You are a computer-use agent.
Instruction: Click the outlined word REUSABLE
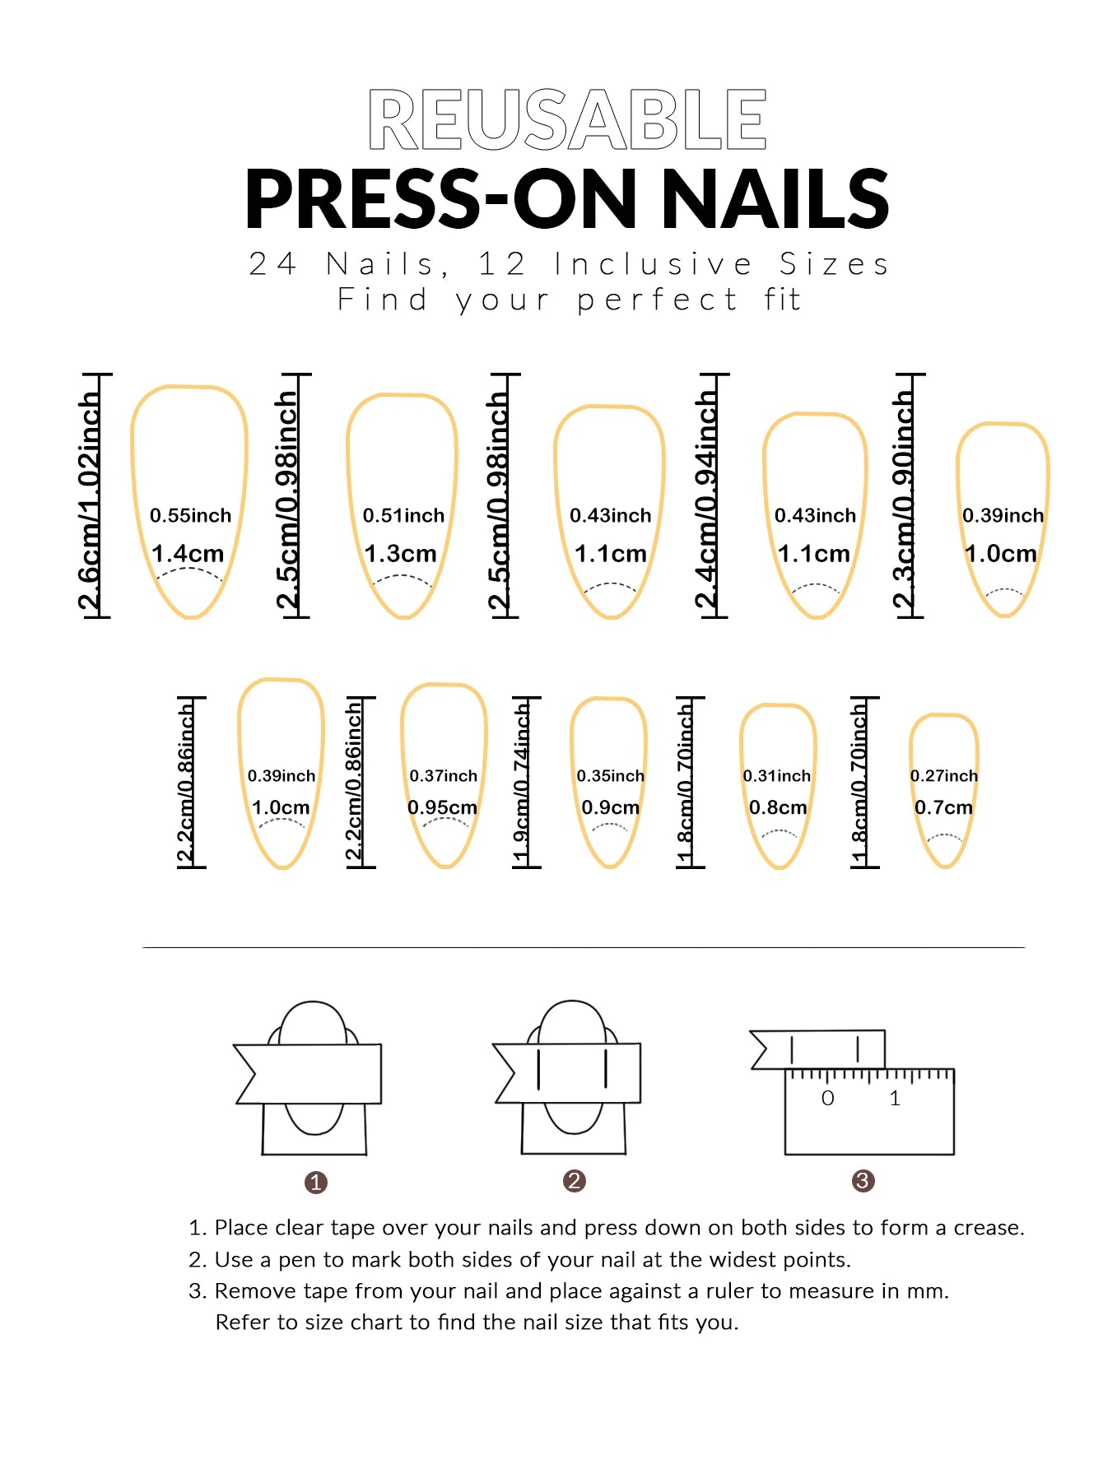click(567, 120)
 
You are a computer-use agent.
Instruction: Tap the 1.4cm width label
click(188, 554)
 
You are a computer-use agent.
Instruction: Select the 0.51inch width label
click(403, 516)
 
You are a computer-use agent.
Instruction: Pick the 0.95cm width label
click(442, 808)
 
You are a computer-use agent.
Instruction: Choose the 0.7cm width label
click(943, 808)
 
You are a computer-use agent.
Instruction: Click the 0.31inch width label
click(776, 776)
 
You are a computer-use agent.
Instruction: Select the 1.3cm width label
click(400, 554)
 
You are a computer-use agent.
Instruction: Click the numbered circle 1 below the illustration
click(316, 1183)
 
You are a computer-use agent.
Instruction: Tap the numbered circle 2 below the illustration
click(574, 1181)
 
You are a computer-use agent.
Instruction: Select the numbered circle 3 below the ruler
click(862, 1181)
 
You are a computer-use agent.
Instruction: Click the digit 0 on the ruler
click(828, 1099)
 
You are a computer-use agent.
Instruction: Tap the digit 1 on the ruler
click(895, 1099)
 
